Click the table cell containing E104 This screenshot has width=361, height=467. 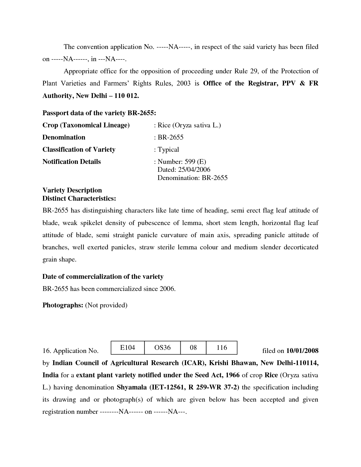click(x=127, y=348)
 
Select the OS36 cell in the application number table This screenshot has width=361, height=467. click(x=162, y=348)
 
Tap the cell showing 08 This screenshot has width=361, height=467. click(x=193, y=348)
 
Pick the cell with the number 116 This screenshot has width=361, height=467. click(x=222, y=348)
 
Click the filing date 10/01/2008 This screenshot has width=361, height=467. click(x=302, y=351)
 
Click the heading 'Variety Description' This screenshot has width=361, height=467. click(x=72, y=190)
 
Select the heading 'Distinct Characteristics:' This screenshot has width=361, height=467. click(x=79, y=198)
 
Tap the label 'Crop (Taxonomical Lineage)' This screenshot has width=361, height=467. click(x=86, y=125)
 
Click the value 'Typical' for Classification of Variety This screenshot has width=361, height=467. click(x=168, y=149)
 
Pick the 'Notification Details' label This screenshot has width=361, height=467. click(x=71, y=162)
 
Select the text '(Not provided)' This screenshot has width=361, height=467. click(x=106, y=305)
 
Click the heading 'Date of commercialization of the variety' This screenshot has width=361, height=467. click(x=103, y=277)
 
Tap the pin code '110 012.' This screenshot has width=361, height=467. click(x=127, y=96)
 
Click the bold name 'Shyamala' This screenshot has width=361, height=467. click(x=131, y=387)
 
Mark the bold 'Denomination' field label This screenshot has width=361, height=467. click(x=64, y=137)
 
